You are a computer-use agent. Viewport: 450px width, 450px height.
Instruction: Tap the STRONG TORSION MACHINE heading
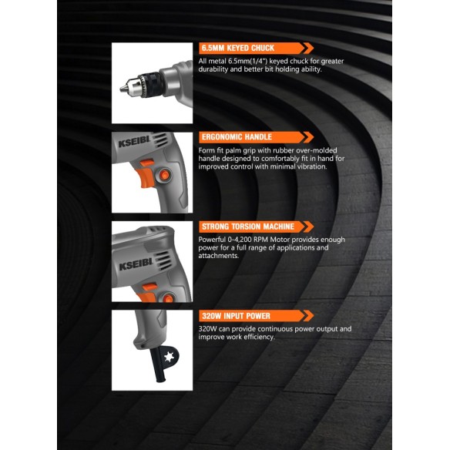tap(247, 227)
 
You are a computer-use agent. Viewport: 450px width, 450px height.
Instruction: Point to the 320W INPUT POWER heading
tap(236, 316)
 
